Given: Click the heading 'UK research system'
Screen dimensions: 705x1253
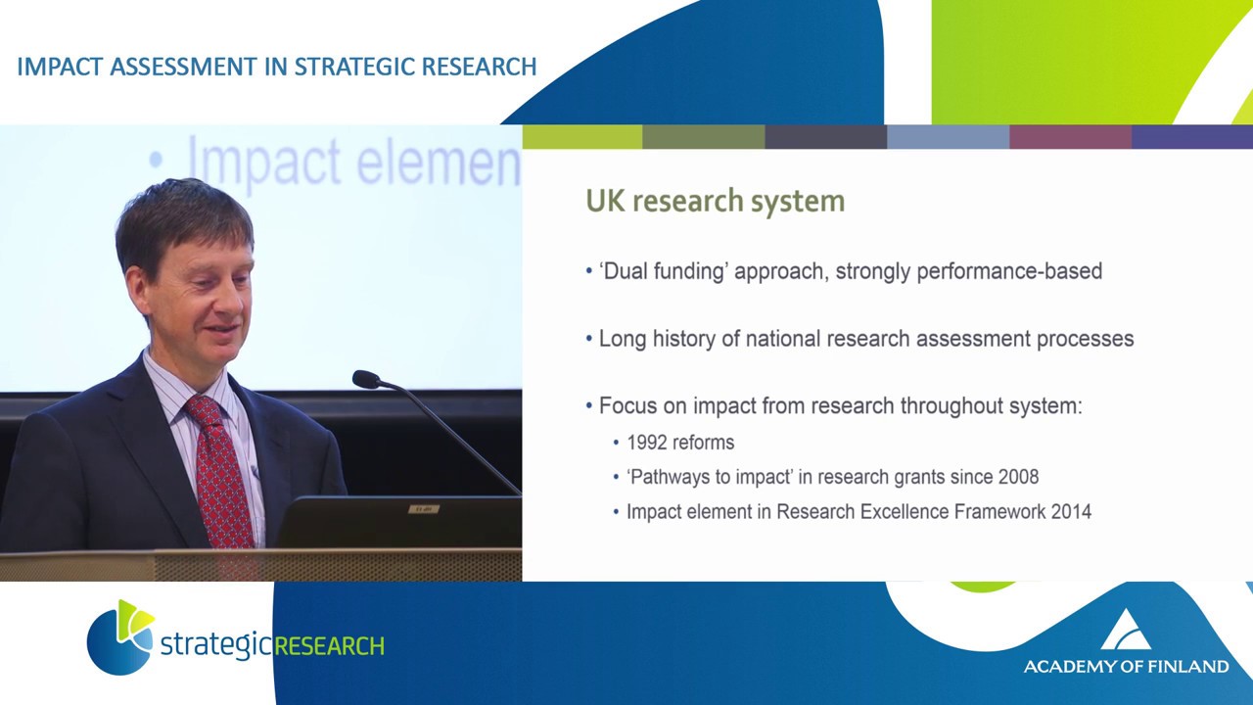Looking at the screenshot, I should coord(715,202).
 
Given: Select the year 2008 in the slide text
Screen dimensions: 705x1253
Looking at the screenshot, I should coord(1018,477).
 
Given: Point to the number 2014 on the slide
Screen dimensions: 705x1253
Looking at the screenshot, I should coord(1070,511).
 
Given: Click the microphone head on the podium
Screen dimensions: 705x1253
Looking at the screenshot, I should coord(366,379).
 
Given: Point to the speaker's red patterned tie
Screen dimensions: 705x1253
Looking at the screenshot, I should coord(219,470).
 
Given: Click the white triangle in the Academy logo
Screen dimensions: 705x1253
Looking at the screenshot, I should coord(1126,630).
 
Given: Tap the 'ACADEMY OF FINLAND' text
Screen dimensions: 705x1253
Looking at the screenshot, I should coord(1126,667).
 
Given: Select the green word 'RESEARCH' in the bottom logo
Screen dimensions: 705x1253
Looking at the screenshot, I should coord(329,646).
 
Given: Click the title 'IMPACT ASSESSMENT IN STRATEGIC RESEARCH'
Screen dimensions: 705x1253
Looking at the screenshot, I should coord(277,67).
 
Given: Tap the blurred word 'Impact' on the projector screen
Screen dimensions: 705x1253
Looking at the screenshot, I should coord(263,161).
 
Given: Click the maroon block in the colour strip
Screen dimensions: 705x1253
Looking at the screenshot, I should coord(1070,137).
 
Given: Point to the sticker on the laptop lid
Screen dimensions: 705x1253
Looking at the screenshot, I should coord(423,507).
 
